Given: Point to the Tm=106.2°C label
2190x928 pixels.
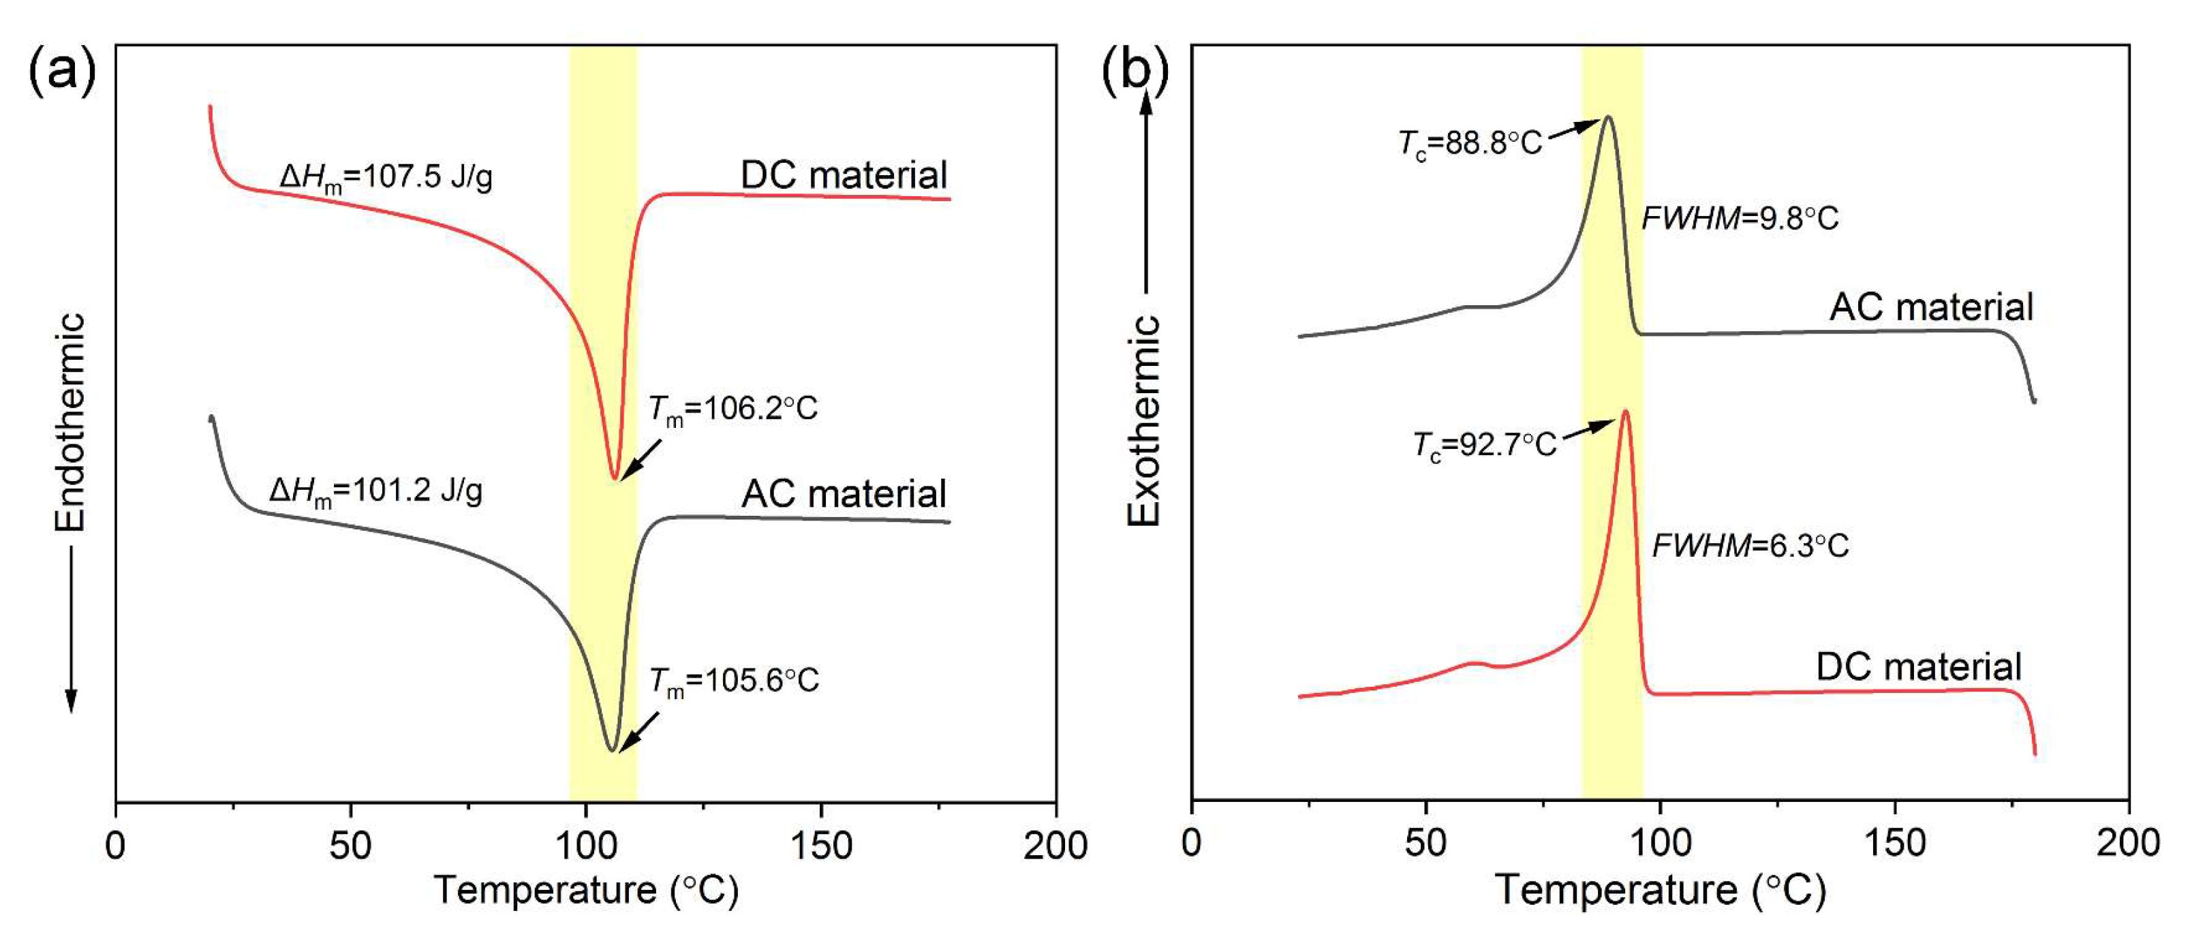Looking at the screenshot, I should pos(732,409).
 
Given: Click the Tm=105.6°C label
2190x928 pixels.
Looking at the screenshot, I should pos(734,681).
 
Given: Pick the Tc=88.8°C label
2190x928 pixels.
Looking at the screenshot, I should pos(1470,144).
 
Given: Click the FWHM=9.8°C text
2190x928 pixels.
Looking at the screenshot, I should pos(1740,219).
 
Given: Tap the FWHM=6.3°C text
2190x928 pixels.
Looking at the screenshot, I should pos(1750,546).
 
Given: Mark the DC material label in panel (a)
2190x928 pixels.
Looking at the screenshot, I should pos(844,175).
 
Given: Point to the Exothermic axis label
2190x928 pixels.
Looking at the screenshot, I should pos(1143,420).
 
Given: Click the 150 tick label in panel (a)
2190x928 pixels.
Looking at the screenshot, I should pos(820,846).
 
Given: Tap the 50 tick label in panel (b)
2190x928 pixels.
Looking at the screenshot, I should pos(1425,843).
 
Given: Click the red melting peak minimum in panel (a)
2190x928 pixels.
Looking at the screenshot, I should pos(615,478).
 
